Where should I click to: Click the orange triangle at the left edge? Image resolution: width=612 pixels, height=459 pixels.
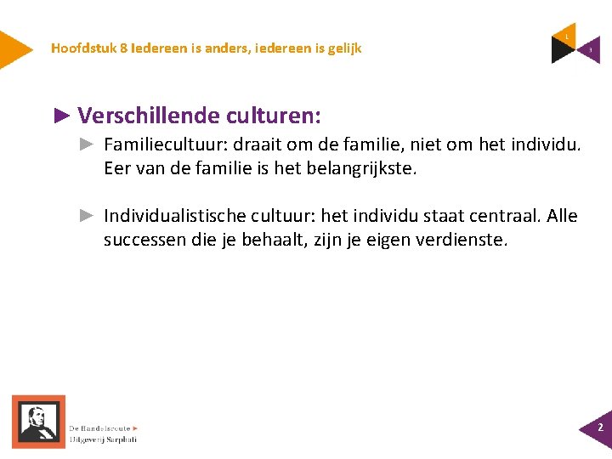pos(13,48)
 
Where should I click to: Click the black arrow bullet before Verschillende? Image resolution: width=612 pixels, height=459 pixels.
pos(62,115)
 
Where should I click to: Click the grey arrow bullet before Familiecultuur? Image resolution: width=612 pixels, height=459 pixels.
pos(86,145)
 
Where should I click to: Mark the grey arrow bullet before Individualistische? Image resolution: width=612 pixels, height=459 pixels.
pos(86,216)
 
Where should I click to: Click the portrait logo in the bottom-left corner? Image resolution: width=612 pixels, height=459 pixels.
pos(38,422)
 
